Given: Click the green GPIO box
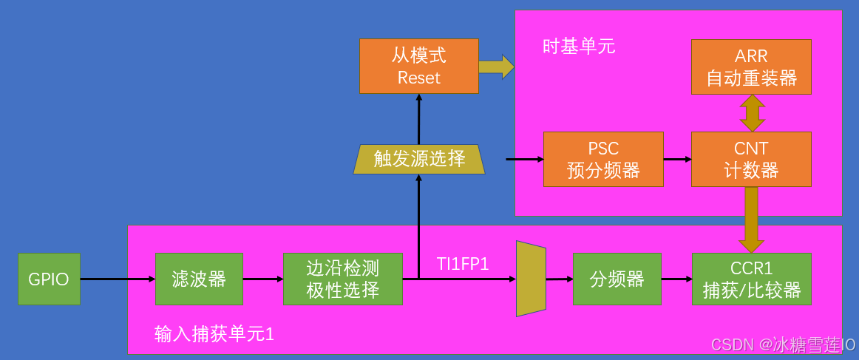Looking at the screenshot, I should pos(49,279).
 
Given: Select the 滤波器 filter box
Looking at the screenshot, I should pos(199,279).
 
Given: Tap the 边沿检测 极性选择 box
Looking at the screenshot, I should pos(343,279).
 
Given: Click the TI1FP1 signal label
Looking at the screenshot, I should pos(463,264).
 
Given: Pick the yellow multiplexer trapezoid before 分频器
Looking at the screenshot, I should pos(531,279).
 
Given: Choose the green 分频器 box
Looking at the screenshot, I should pos(617,279).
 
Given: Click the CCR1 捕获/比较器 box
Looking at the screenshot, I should pos(751,279).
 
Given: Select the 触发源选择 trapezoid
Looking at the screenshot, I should pos(419,159).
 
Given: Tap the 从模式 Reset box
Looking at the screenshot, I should pos(419,67).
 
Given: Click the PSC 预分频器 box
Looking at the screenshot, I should pos(603,159).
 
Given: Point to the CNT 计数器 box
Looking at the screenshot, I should pos(751,159).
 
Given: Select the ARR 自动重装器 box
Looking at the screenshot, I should pos(751,67).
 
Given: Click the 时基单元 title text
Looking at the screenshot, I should pos(579,47).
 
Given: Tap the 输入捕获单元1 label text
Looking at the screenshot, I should pos(214,334).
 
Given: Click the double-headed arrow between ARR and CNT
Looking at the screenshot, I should pos(752,113).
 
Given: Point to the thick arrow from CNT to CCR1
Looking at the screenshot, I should pos(752,220).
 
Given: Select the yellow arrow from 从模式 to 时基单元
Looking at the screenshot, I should pos(496,67).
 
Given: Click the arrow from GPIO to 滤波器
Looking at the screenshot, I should pos(118,279).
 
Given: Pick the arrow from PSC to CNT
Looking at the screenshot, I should pos(677,159).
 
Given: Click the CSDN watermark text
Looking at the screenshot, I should pos(783,345).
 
